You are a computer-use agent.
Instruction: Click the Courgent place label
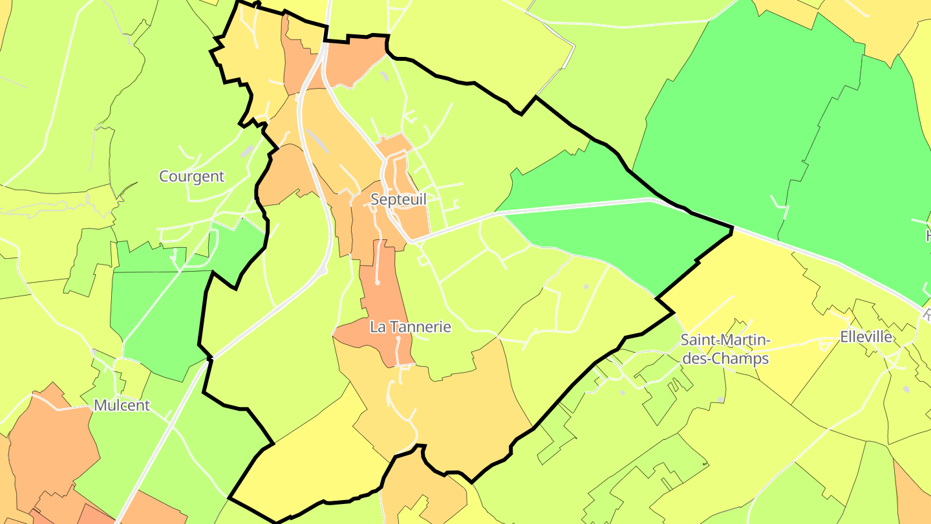click(x=191, y=176)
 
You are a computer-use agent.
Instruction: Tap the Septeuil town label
click(x=398, y=200)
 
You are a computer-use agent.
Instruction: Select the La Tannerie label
click(x=411, y=327)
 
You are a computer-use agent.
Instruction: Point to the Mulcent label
click(x=122, y=406)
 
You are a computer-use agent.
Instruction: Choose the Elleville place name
click(x=866, y=337)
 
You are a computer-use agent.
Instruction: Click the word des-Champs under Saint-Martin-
click(x=725, y=359)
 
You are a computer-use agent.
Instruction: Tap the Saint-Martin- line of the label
click(x=725, y=340)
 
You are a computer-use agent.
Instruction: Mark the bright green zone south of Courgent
click(x=155, y=311)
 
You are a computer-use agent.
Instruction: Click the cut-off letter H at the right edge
click(x=927, y=235)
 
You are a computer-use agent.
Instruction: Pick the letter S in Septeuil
click(x=375, y=200)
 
